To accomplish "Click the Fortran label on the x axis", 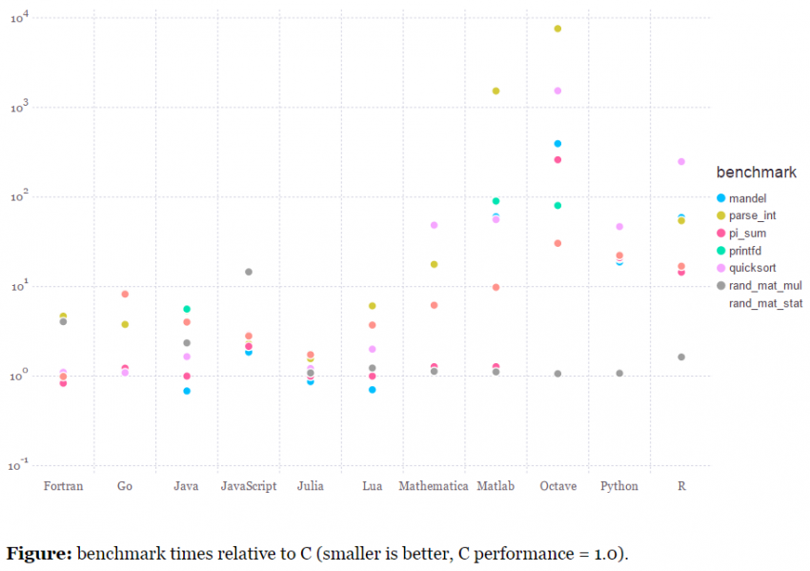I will coord(63,486).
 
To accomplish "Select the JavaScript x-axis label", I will coord(249,486).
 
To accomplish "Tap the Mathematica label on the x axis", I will coord(434,486).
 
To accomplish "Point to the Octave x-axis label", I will coord(557,486).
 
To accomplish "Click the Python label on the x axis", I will coord(619,486).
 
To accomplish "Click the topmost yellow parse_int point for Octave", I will coord(557,29).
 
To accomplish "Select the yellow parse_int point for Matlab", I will coord(496,91).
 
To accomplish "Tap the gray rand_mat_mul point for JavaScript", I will coord(249,272).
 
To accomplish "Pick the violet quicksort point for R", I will coord(681,162).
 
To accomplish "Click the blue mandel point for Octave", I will coord(557,144).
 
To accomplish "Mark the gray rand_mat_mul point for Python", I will coord(619,374).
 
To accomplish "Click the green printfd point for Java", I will coord(187,310).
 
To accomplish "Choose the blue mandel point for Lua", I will coord(373,390).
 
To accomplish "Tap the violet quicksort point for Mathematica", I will coord(434,225).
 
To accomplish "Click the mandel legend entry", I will coord(749,198).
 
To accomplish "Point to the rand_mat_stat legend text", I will coord(765,303).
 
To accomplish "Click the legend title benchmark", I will coord(757,173).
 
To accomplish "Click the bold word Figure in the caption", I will coord(39,554).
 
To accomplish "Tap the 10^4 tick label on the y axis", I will coord(22,16).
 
